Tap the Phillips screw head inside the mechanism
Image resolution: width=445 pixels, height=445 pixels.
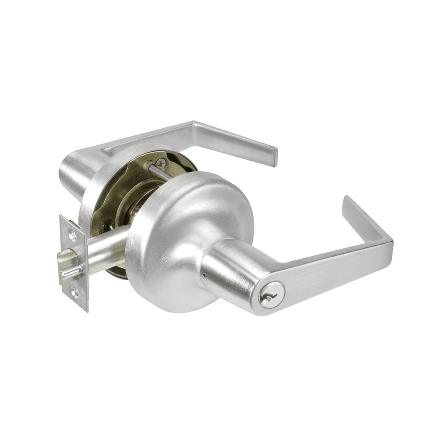(161, 164)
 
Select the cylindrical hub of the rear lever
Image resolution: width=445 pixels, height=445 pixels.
(73, 171)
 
